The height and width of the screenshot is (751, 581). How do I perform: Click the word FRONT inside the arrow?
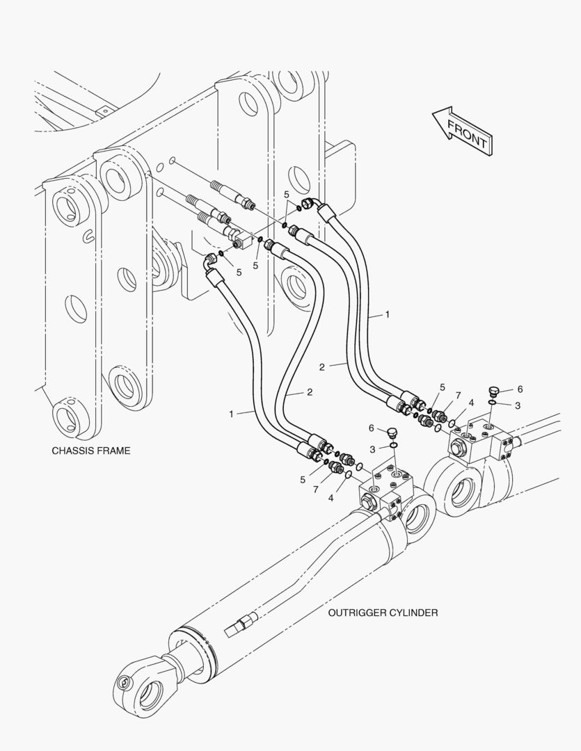[467, 133]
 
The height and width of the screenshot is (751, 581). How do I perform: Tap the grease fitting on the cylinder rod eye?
[126, 683]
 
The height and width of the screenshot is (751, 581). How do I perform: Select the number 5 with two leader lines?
[287, 195]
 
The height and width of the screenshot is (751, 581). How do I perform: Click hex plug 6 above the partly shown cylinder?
[495, 391]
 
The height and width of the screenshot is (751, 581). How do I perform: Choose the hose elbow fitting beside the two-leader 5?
[309, 203]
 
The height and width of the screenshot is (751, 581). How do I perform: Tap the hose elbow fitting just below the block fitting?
[209, 262]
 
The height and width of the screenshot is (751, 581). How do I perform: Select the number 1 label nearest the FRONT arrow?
[388, 315]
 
